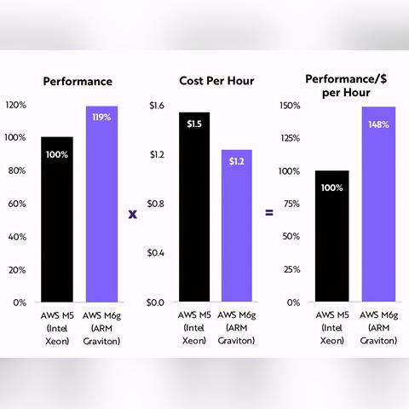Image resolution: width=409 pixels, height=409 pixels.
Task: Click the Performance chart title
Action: pos(79,82)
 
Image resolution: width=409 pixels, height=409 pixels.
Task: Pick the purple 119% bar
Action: pos(102,204)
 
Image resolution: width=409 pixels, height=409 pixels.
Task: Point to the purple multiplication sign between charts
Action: pos(133,212)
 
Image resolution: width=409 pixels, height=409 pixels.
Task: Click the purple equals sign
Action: pos(269,211)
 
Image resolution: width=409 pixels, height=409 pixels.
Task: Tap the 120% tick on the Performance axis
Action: pos(16,106)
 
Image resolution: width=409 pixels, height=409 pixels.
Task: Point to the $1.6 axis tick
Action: pos(156,106)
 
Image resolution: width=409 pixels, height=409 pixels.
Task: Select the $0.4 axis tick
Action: pos(156,253)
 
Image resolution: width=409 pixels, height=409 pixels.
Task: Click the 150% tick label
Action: pos(291,106)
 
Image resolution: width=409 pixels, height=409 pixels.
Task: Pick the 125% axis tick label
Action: pos(291,138)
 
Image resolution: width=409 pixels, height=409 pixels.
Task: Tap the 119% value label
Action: pos(102,117)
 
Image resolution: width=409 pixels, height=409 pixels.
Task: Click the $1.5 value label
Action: pos(194,124)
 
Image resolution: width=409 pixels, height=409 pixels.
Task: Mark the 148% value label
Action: pos(378,124)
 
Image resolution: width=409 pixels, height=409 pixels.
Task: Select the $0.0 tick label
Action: pos(156,302)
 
